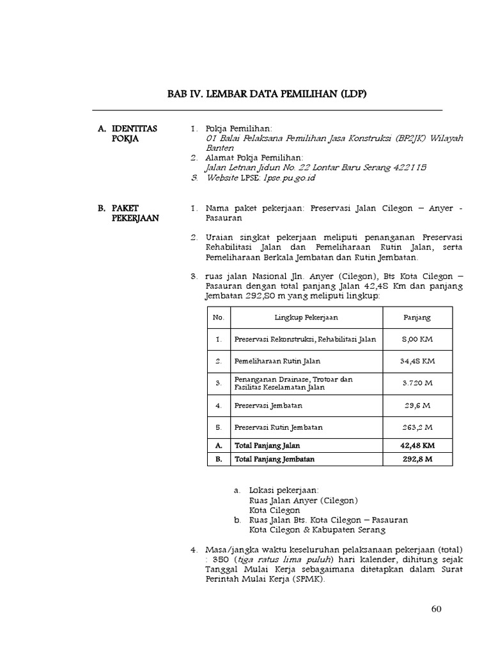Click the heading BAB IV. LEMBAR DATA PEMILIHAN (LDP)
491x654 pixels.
[268, 95]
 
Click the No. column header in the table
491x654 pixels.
[219, 317]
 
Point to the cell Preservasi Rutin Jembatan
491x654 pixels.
[278, 427]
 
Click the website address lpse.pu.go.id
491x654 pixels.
[289, 178]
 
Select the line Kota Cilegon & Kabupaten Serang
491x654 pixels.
[318, 529]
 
